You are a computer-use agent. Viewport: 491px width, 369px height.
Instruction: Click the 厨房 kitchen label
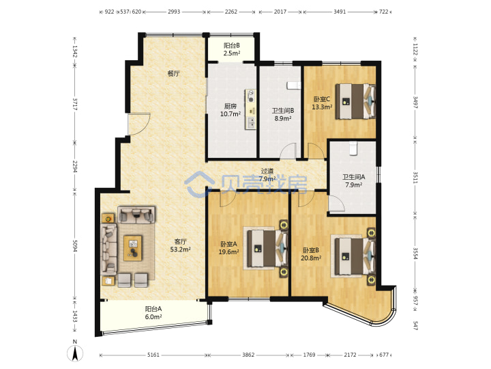click(230, 107)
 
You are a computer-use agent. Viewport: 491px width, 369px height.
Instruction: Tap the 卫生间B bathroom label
click(283, 111)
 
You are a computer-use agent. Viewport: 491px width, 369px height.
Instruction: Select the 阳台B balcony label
click(232, 46)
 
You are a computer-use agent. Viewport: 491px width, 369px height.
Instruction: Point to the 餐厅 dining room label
click(173, 74)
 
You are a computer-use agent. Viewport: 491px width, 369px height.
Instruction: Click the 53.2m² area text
click(180, 250)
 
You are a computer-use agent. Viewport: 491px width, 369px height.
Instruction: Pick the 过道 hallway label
click(267, 172)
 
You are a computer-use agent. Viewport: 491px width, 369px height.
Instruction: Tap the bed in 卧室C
click(355, 101)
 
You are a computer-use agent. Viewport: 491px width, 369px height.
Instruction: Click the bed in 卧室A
click(267, 249)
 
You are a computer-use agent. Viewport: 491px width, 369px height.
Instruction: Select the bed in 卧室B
click(355, 257)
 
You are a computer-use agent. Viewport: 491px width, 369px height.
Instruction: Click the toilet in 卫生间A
click(353, 148)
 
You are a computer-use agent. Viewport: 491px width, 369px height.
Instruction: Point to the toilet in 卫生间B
click(294, 85)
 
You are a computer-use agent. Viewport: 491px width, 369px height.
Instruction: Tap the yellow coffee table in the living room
click(133, 248)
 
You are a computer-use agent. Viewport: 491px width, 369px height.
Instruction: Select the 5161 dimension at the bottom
click(153, 355)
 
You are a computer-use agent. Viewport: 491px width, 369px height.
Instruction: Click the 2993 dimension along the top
click(174, 12)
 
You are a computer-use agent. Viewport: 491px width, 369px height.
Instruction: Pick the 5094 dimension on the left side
click(75, 246)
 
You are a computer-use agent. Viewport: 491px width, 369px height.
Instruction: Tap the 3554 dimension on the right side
click(415, 254)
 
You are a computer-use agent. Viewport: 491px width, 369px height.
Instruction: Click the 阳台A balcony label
click(153, 309)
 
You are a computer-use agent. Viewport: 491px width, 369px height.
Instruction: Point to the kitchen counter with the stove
click(250, 109)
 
